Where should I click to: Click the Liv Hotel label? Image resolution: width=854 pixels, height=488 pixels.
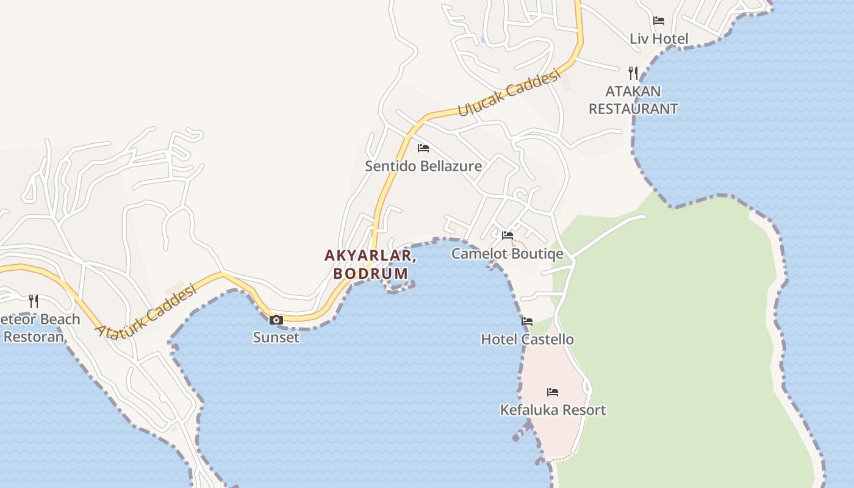[659, 39]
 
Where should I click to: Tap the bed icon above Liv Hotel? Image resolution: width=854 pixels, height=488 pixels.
[659, 21]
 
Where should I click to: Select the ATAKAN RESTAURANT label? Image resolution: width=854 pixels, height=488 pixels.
[633, 101]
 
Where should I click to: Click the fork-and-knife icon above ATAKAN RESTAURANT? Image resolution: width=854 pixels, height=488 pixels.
[633, 73]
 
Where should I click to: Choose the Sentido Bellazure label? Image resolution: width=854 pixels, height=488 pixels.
[423, 166]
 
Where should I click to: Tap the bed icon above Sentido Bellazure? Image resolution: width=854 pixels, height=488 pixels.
[423, 148]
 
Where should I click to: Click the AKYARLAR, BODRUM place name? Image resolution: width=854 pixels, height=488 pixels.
[370, 264]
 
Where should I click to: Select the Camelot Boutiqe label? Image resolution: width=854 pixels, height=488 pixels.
[508, 254]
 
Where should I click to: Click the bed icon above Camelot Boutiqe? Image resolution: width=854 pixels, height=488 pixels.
[508, 235]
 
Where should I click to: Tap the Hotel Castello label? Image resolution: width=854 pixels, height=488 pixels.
[527, 339]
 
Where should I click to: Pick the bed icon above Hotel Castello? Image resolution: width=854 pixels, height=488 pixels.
[527, 321]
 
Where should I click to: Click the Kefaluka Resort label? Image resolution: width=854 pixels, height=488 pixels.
[553, 410]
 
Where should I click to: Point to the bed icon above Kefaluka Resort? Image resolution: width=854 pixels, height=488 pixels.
[553, 392]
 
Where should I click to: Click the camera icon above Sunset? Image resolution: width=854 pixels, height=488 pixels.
[276, 320]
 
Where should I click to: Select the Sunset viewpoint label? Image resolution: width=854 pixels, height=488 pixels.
[276, 337]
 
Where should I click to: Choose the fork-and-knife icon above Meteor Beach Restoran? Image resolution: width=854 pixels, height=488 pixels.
[34, 301]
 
